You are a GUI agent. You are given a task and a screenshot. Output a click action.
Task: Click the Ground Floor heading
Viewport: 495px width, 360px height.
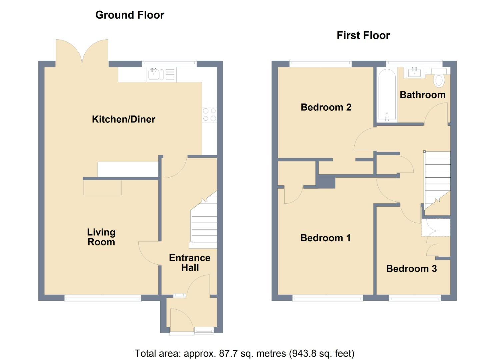pyautogui.click(x=130, y=15)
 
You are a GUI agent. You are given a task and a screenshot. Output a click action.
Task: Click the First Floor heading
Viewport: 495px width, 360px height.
pyautogui.click(x=363, y=35)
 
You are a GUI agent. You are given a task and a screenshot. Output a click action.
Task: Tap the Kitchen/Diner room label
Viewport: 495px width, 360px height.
pyautogui.click(x=123, y=119)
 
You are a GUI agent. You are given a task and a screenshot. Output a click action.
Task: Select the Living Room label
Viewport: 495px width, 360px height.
pyautogui.click(x=101, y=237)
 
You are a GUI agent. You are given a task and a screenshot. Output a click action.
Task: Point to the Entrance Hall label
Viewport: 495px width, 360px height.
pyautogui.click(x=189, y=263)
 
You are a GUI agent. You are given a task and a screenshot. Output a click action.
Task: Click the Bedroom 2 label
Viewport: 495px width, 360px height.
pyautogui.click(x=326, y=107)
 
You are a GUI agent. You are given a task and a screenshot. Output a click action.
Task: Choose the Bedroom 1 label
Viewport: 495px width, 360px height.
pyautogui.click(x=325, y=238)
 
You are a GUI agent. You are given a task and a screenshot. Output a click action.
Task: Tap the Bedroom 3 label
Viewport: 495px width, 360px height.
pyautogui.click(x=411, y=269)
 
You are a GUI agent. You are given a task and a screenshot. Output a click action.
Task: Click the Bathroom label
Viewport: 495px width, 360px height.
pyautogui.click(x=422, y=95)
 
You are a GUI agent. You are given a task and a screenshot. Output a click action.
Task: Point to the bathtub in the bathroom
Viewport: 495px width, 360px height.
pyautogui.click(x=387, y=95)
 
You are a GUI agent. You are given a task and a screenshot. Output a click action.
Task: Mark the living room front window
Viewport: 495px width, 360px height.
pyautogui.click(x=103, y=299)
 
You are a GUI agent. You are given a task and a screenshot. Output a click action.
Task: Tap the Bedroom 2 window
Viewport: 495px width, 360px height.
pyautogui.click(x=320, y=63)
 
